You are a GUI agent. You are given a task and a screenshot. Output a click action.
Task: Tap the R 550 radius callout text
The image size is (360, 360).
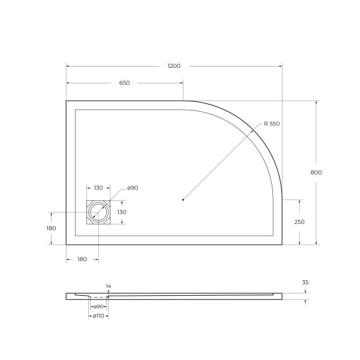pos(271,124)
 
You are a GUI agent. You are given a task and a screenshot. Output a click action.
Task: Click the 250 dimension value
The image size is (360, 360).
pos(299,222)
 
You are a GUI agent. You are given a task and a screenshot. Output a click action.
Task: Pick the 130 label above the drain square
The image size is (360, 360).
pos(98,188)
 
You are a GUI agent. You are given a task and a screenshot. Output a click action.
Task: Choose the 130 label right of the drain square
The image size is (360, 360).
pos(121,212)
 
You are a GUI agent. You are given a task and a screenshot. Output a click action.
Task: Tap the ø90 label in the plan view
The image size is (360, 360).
pos(133,188)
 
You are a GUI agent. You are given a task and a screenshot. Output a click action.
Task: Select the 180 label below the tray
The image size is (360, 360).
pos(82,259)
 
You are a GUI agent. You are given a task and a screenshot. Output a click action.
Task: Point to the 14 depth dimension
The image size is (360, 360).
pos(108,286)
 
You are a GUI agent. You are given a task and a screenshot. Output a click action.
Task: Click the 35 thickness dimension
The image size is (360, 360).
pos(305,281)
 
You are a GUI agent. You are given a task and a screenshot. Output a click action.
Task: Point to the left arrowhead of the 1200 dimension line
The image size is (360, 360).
pos(68,65)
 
